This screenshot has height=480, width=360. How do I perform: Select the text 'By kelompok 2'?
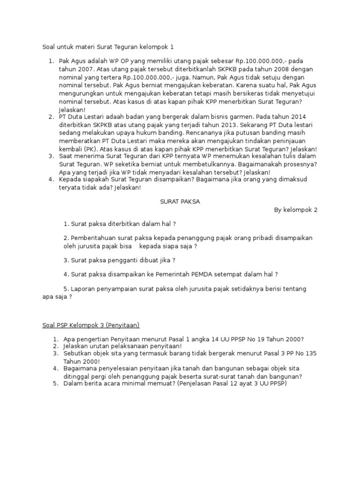296,210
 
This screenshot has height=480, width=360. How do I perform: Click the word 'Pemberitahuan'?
93,238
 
